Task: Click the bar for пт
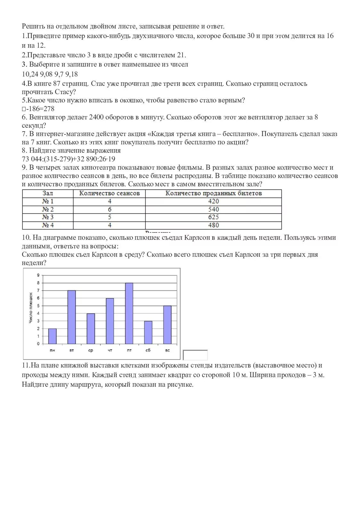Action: (129, 313)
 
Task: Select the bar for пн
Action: (53, 336)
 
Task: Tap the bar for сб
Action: (148, 332)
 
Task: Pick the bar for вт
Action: (71, 317)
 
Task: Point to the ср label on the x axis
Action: (91, 351)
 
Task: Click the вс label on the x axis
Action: (167, 351)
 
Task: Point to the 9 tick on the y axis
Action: (38, 275)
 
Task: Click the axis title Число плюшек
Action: (31, 308)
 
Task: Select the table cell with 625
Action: (213, 217)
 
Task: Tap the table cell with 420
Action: (213, 201)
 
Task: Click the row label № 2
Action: (48, 209)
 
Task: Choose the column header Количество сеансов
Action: (109, 193)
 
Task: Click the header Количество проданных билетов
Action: (213, 193)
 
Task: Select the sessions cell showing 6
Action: (110, 209)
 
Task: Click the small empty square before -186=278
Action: (24, 109)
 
